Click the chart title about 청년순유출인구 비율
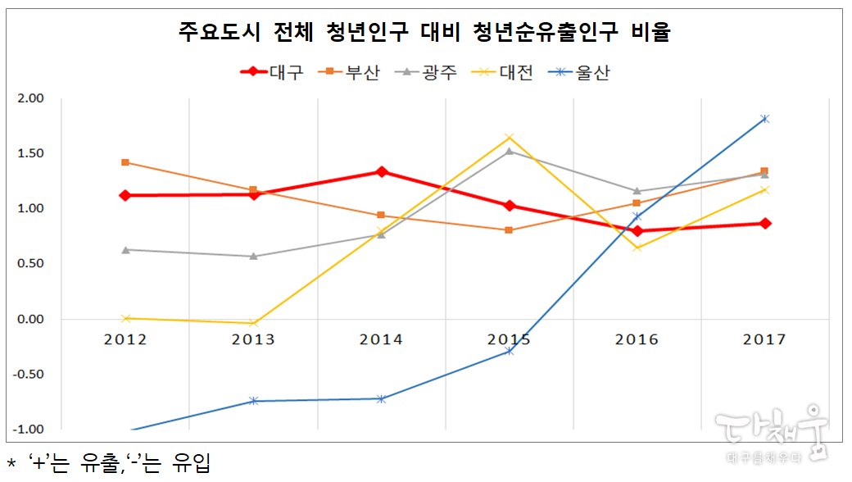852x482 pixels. (x=424, y=33)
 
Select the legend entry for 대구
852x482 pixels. (x=272, y=72)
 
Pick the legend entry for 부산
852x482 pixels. (x=352, y=72)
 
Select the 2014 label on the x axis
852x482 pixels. (x=381, y=339)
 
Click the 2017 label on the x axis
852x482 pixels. (x=764, y=339)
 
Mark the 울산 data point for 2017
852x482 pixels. (x=764, y=119)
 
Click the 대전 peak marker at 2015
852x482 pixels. (x=509, y=137)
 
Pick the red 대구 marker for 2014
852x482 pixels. (x=381, y=171)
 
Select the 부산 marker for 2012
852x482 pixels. (x=125, y=162)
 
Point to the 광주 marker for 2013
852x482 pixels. (x=253, y=256)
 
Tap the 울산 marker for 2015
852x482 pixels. (x=509, y=351)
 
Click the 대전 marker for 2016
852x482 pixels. (x=637, y=248)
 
